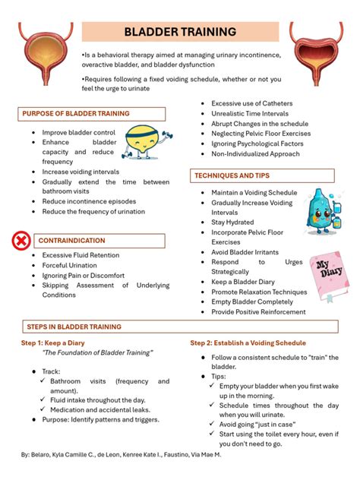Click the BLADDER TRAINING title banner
pyautogui.click(x=180, y=32)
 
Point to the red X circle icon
pyautogui.click(x=21, y=242)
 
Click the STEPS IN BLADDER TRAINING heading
pyautogui.click(x=74, y=327)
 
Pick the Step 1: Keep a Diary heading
pyautogui.click(x=52, y=343)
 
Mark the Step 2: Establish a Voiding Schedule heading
pyautogui.click(x=248, y=343)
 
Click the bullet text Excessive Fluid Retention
pyautogui.click(x=81, y=255)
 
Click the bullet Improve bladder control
pyautogui.click(x=78, y=132)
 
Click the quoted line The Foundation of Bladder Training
pyautogui.click(x=97, y=353)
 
